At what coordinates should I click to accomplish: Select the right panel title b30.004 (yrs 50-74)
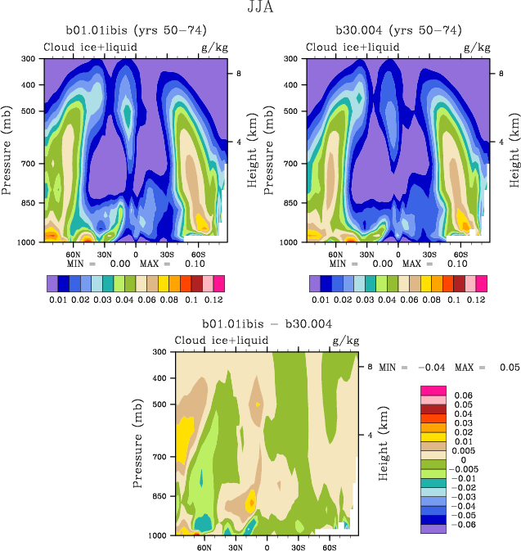(x=398, y=30)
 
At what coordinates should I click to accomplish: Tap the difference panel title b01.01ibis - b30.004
(x=261, y=325)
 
